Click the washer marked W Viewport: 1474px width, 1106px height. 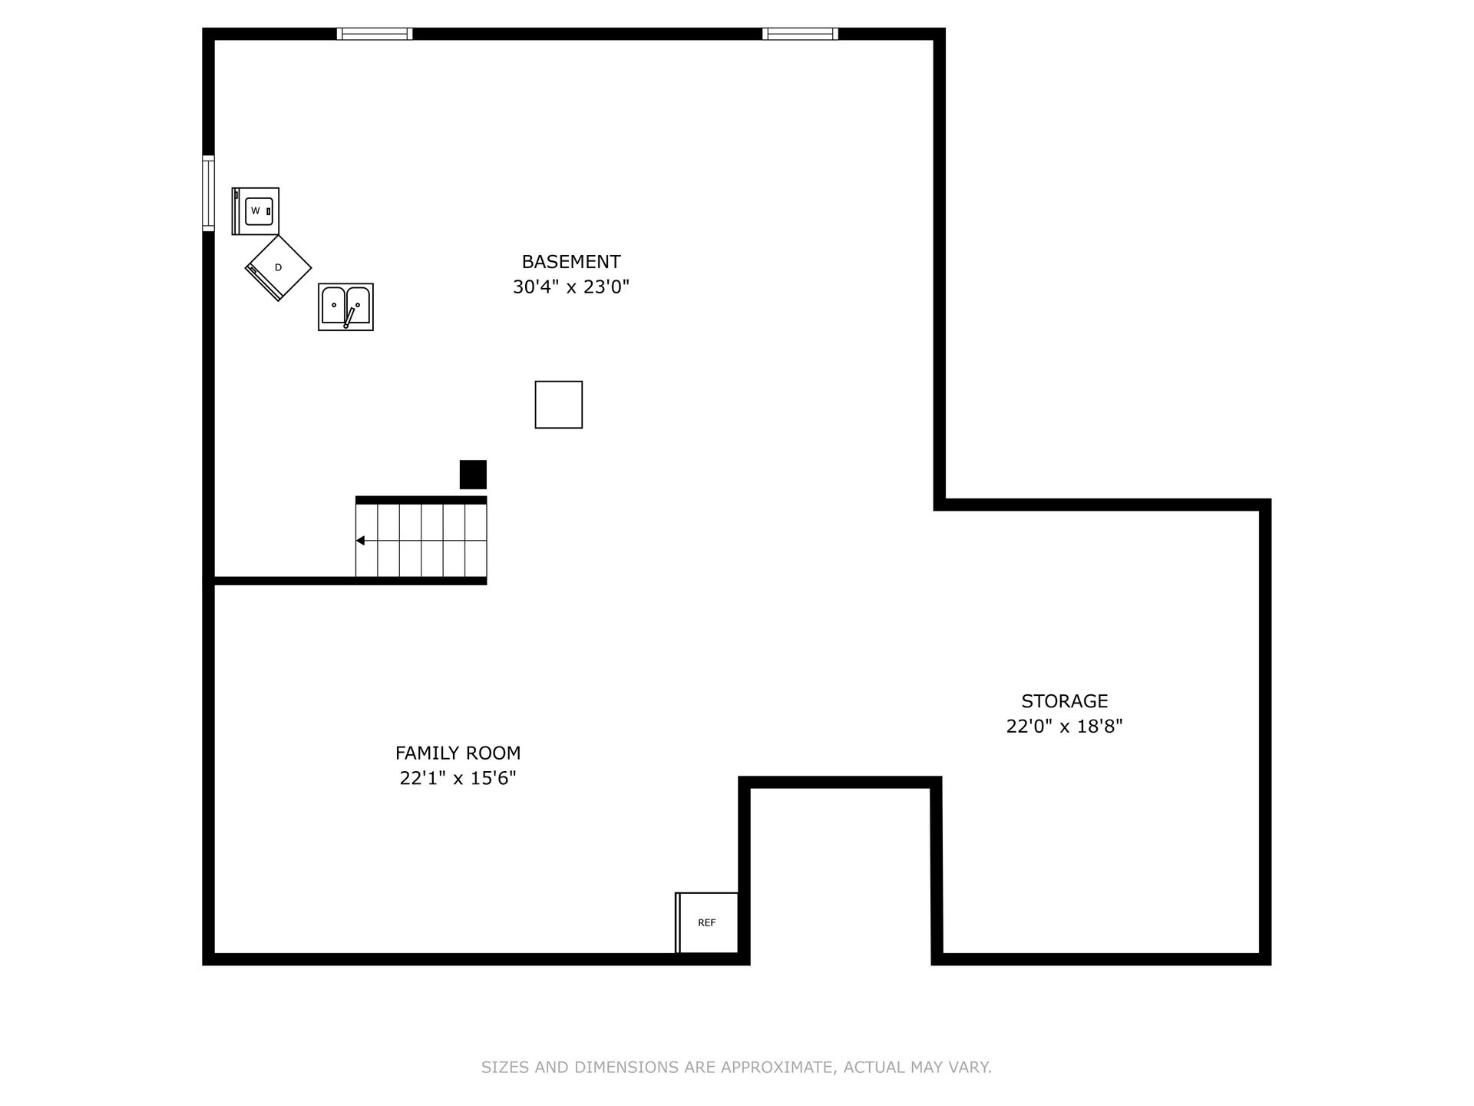(x=256, y=211)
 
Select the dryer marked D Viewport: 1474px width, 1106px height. (x=278, y=268)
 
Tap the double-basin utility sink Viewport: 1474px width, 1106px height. (x=345, y=307)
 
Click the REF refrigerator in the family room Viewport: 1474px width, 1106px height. (x=707, y=922)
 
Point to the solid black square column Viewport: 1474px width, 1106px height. (x=473, y=475)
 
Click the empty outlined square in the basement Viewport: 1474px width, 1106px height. (x=559, y=405)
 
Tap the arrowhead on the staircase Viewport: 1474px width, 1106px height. (x=360, y=541)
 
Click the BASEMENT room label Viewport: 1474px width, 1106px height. (x=571, y=262)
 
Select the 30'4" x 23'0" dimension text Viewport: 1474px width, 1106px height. (x=571, y=287)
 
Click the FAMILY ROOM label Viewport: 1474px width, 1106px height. (x=458, y=753)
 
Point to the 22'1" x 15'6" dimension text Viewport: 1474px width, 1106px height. (x=458, y=779)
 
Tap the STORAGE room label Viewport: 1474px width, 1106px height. (x=1065, y=701)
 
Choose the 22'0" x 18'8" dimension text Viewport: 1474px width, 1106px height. (x=1065, y=727)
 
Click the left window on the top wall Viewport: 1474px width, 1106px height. (x=375, y=34)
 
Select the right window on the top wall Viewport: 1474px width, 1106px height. (x=800, y=34)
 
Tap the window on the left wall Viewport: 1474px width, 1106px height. (x=208, y=193)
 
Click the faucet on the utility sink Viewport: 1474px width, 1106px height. (x=349, y=317)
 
